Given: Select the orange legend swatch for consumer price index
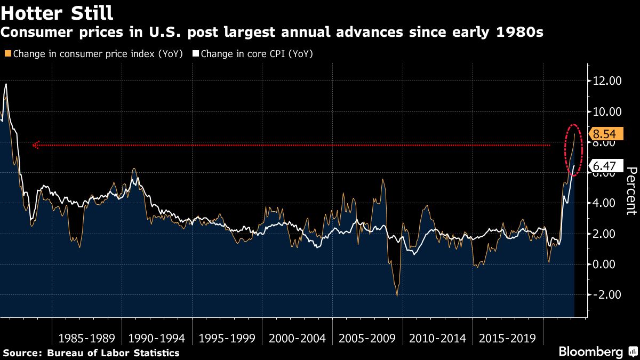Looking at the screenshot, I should pyautogui.click(x=7, y=53).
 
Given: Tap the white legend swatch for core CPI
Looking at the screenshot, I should pyautogui.click(x=196, y=53).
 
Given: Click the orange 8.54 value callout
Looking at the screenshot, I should pyautogui.click(x=604, y=134).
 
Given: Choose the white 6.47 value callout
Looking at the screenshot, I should pyautogui.click(x=604, y=166).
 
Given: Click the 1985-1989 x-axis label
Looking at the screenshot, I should pyautogui.click(x=86, y=339).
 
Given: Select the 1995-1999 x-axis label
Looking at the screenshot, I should pyautogui.click(x=227, y=339).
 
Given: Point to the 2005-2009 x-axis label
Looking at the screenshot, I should pyautogui.click(x=367, y=339).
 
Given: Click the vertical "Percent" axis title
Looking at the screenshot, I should pyautogui.click(x=631, y=191).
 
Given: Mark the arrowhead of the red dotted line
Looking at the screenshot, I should pyautogui.click(x=36, y=145).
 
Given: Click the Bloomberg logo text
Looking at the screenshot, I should pyautogui.click(x=590, y=352).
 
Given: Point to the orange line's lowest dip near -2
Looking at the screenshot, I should pyautogui.click(x=397, y=295).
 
